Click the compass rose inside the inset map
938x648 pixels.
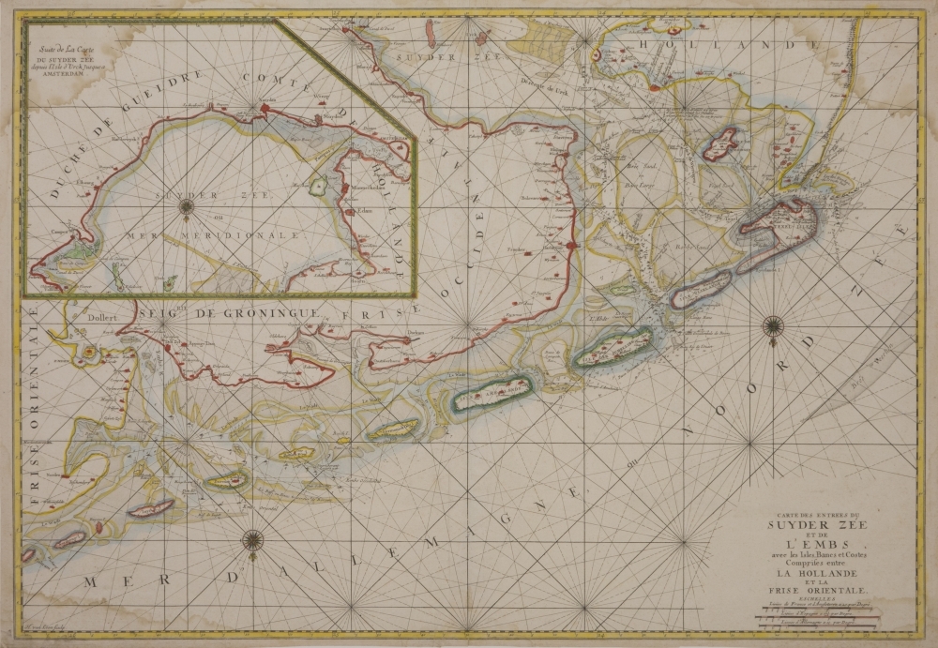point(186,205)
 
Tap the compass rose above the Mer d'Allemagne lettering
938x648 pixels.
point(252,539)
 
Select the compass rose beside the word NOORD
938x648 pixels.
point(773,326)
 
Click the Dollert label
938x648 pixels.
point(101,317)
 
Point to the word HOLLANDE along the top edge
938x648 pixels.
point(700,44)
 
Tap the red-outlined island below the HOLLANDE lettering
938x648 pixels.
point(720,145)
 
